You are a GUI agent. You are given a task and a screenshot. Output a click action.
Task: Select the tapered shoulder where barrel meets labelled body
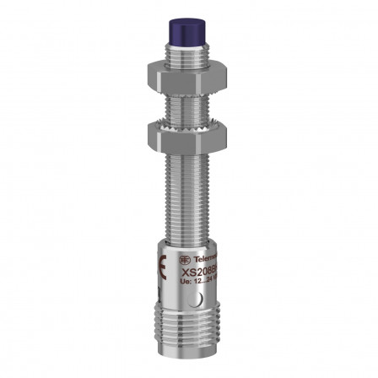click(188, 240)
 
